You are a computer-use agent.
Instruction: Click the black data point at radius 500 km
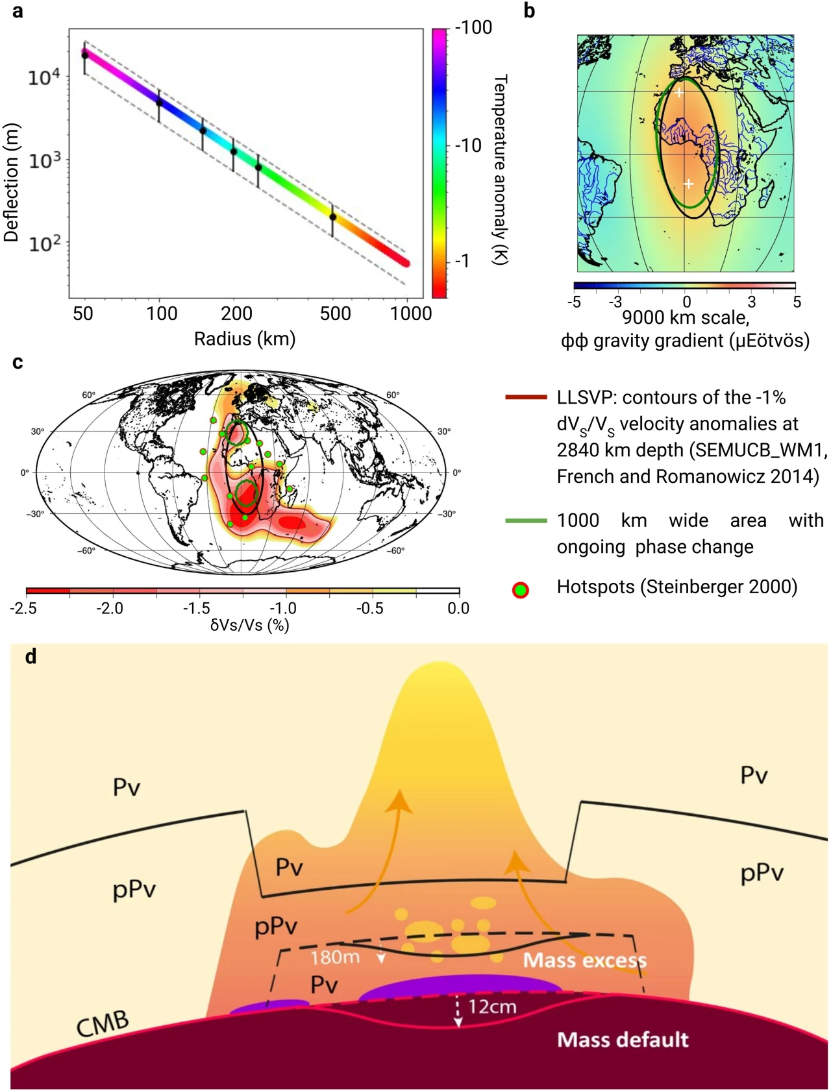[x=333, y=217]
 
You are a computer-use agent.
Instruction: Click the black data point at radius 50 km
[x=85, y=56]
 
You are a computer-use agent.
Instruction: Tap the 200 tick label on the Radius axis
[x=236, y=314]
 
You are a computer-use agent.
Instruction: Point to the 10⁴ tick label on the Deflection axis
[x=43, y=77]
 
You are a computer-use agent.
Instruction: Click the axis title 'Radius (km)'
[x=245, y=339]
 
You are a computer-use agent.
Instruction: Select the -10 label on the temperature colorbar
[x=468, y=145]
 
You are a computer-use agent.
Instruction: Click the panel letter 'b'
[x=529, y=12]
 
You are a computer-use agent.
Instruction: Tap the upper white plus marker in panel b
[x=678, y=93]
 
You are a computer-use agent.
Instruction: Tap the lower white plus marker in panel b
[x=689, y=184]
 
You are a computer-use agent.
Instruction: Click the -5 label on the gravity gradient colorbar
[x=574, y=302]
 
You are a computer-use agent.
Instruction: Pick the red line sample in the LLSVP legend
[x=526, y=397]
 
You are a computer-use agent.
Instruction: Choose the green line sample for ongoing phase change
[x=526, y=521]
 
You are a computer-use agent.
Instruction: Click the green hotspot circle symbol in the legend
[x=521, y=590]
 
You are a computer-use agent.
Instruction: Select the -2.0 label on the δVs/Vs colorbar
[x=109, y=608]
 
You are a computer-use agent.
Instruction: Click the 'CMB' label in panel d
[x=103, y=1024]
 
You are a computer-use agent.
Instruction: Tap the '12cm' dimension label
[x=492, y=1007]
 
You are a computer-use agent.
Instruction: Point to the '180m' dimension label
[x=335, y=957]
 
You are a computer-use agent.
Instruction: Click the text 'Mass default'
[x=623, y=1040]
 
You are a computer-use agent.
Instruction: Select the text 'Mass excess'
[x=584, y=960]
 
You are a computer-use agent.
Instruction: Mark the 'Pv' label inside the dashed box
[x=324, y=985]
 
